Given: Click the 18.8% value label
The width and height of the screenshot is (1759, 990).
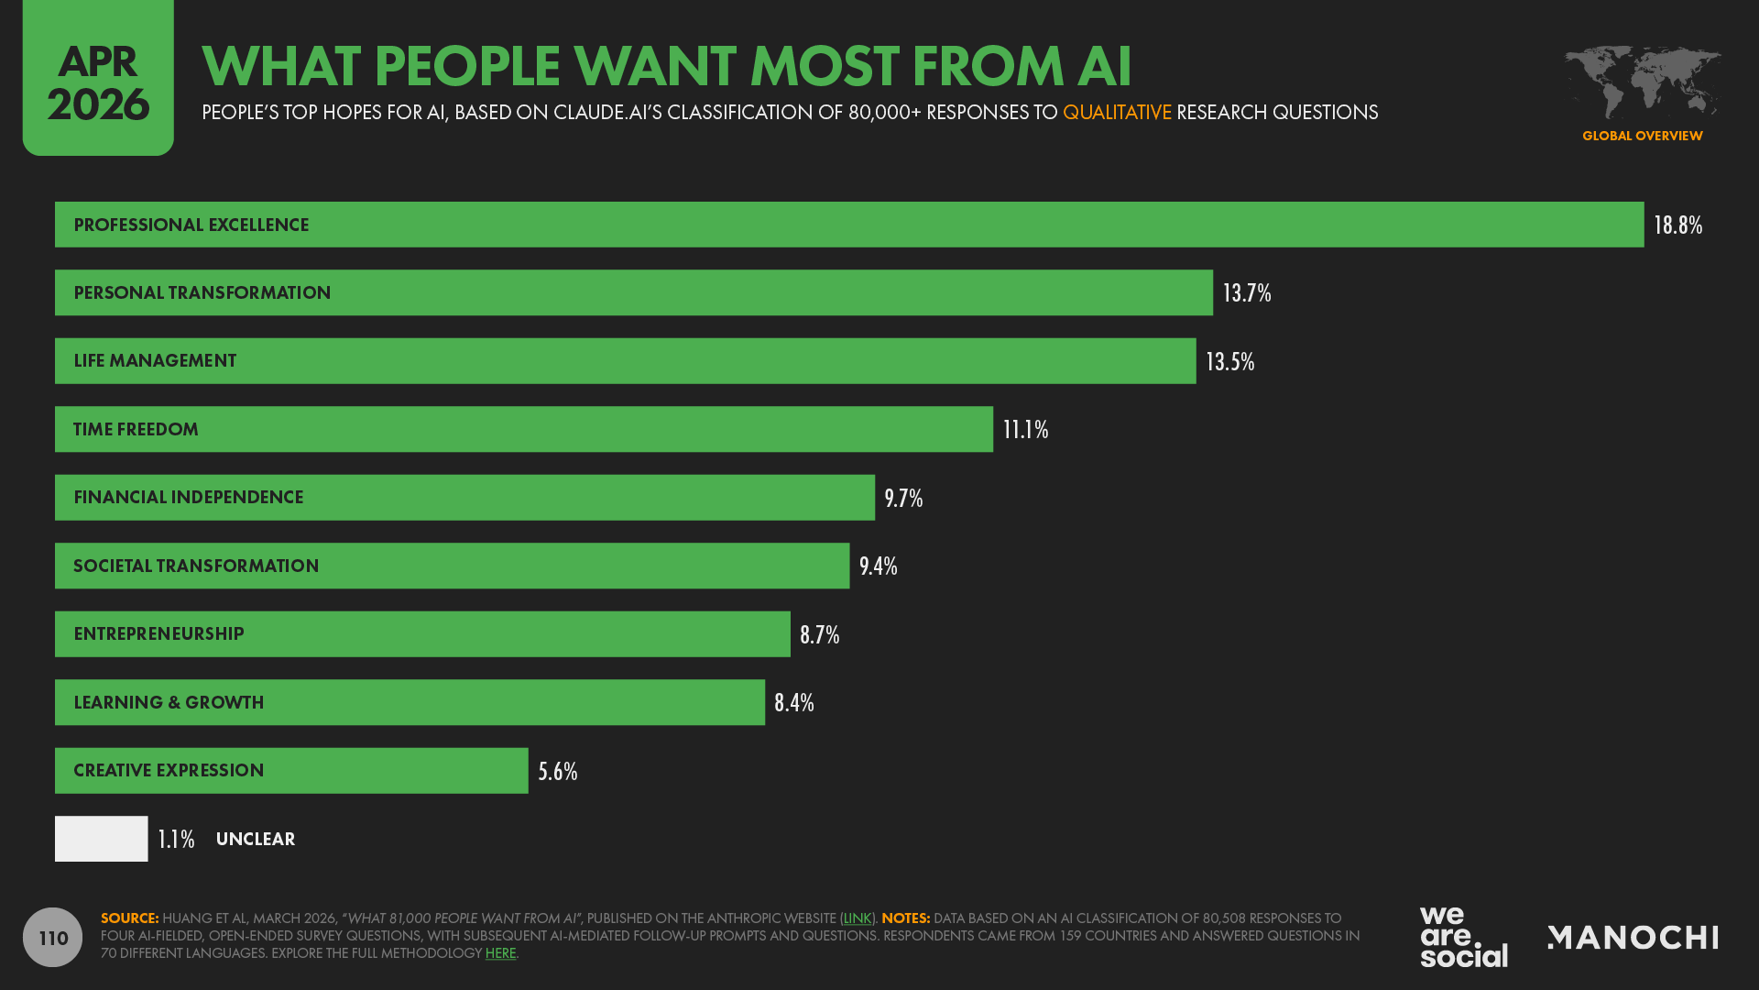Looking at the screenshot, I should click(x=1677, y=225).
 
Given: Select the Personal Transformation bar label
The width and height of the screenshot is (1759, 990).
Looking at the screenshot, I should click(x=202, y=293).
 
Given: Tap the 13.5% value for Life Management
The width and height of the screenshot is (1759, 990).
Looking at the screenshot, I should click(x=1229, y=362).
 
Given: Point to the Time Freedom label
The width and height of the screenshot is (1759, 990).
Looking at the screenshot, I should click(x=136, y=430).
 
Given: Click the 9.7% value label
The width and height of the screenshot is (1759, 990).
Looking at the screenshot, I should click(x=902, y=499).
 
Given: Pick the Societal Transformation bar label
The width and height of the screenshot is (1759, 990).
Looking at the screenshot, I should click(x=196, y=566).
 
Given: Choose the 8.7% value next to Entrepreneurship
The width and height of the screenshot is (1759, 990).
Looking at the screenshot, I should click(x=819, y=635).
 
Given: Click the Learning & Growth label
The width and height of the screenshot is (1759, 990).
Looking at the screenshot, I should click(x=169, y=703).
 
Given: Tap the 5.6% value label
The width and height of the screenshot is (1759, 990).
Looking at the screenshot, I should click(x=557, y=772).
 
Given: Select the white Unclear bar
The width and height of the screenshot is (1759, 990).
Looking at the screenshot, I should click(x=101, y=839).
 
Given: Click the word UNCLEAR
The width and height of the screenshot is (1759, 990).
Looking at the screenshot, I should click(x=255, y=840).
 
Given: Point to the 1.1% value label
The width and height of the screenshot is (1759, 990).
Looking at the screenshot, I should click(x=176, y=840).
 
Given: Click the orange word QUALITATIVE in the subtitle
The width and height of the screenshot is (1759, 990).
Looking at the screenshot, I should click(x=1116, y=113).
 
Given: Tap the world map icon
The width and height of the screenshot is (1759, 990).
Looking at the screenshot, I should click(x=1642, y=82).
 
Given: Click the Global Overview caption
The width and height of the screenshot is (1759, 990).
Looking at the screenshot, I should click(x=1642, y=136).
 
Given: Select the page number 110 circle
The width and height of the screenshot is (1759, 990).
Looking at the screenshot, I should click(x=53, y=938).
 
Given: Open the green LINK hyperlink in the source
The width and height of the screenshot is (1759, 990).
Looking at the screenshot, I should click(x=857, y=918).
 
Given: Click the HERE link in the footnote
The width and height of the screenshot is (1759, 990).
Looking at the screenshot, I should click(x=500, y=953).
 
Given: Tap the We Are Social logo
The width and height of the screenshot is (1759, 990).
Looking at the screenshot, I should click(x=1463, y=937).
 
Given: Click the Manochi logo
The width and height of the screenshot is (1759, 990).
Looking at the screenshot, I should click(x=1633, y=938).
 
